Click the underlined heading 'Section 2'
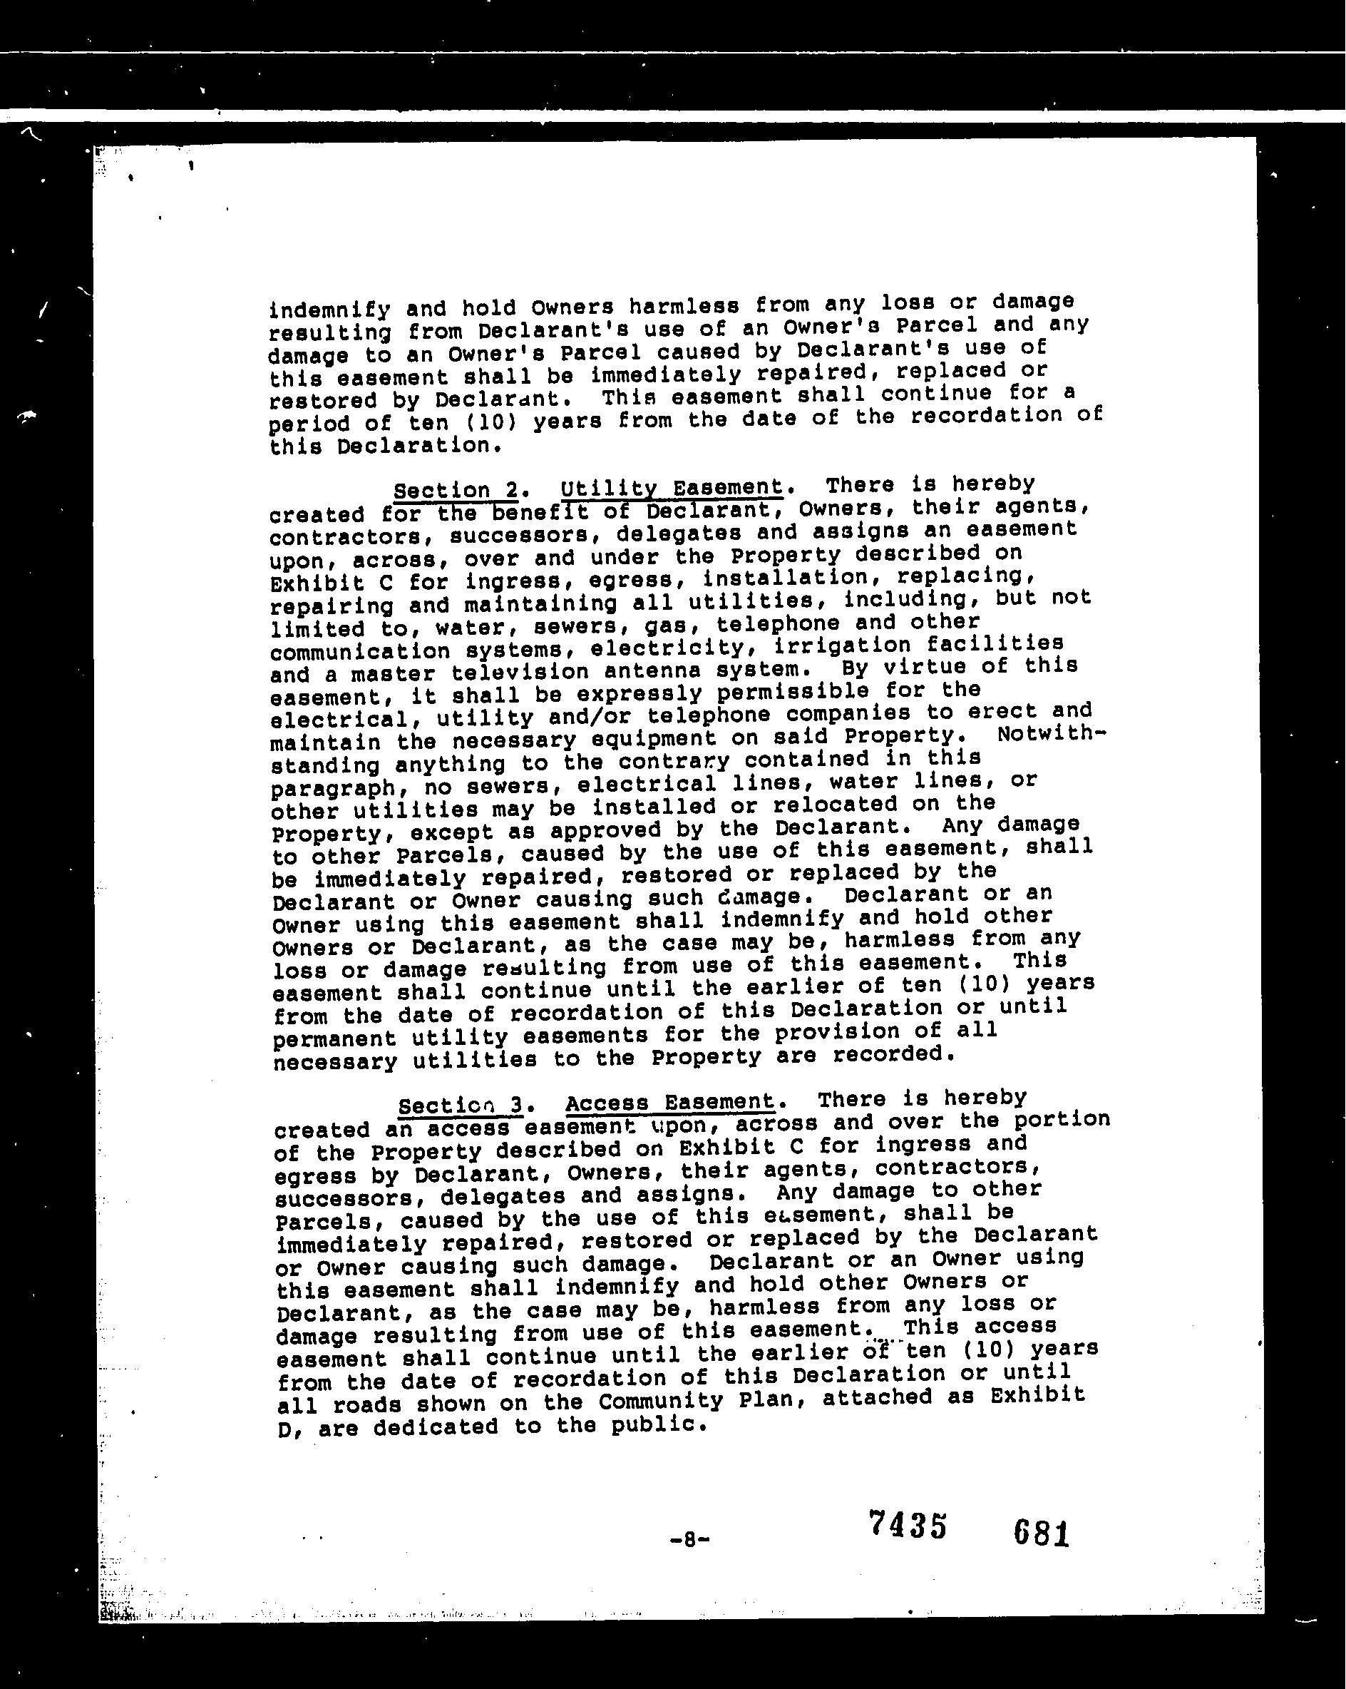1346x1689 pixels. (x=455, y=491)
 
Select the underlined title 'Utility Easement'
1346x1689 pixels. (x=672, y=488)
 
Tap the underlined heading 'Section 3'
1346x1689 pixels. (x=460, y=1106)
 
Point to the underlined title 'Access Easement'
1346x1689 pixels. (x=670, y=1102)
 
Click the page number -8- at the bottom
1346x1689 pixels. (x=690, y=1539)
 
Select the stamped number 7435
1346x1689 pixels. (x=908, y=1524)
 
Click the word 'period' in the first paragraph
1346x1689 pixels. (x=309, y=424)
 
